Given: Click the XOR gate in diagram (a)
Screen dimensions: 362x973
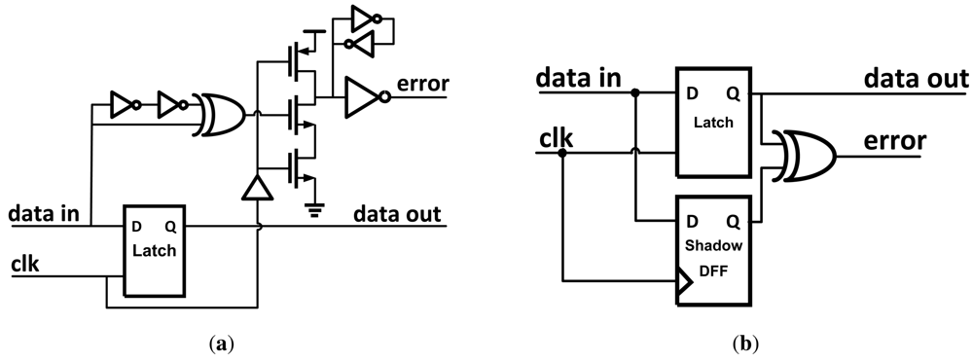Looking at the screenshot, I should [x=220, y=114].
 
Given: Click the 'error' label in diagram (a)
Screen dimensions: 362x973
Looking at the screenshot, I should [x=420, y=85].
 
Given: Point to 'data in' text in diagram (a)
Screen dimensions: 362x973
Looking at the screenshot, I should [x=48, y=211].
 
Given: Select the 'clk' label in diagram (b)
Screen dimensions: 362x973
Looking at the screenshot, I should [x=558, y=140].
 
